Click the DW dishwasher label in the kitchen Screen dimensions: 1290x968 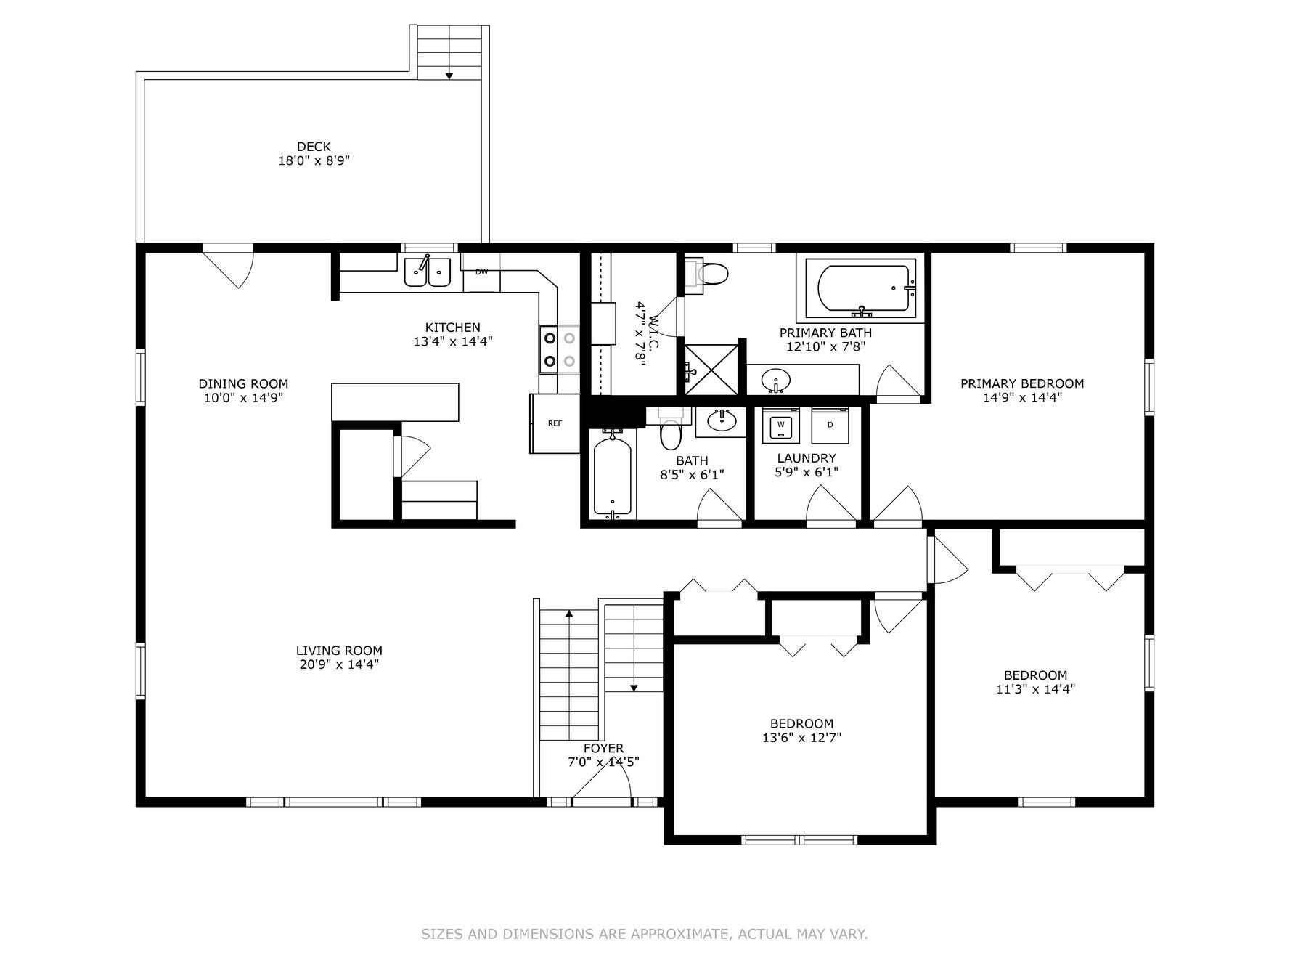click(481, 272)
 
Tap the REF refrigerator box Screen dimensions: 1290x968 click(555, 423)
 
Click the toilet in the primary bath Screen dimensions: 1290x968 click(706, 274)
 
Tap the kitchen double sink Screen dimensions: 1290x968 click(428, 272)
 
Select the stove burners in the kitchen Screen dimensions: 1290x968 click(559, 349)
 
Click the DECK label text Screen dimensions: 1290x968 click(314, 147)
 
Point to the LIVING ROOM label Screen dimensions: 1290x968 click(339, 651)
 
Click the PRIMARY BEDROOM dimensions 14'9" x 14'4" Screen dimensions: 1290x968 click(1022, 397)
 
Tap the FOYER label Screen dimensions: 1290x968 click(603, 748)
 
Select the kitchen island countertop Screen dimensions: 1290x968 click(395, 402)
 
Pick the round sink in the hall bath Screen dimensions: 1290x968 click(721, 421)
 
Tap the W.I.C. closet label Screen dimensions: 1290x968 click(653, 331)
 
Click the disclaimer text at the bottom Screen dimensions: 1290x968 click(645, 934)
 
